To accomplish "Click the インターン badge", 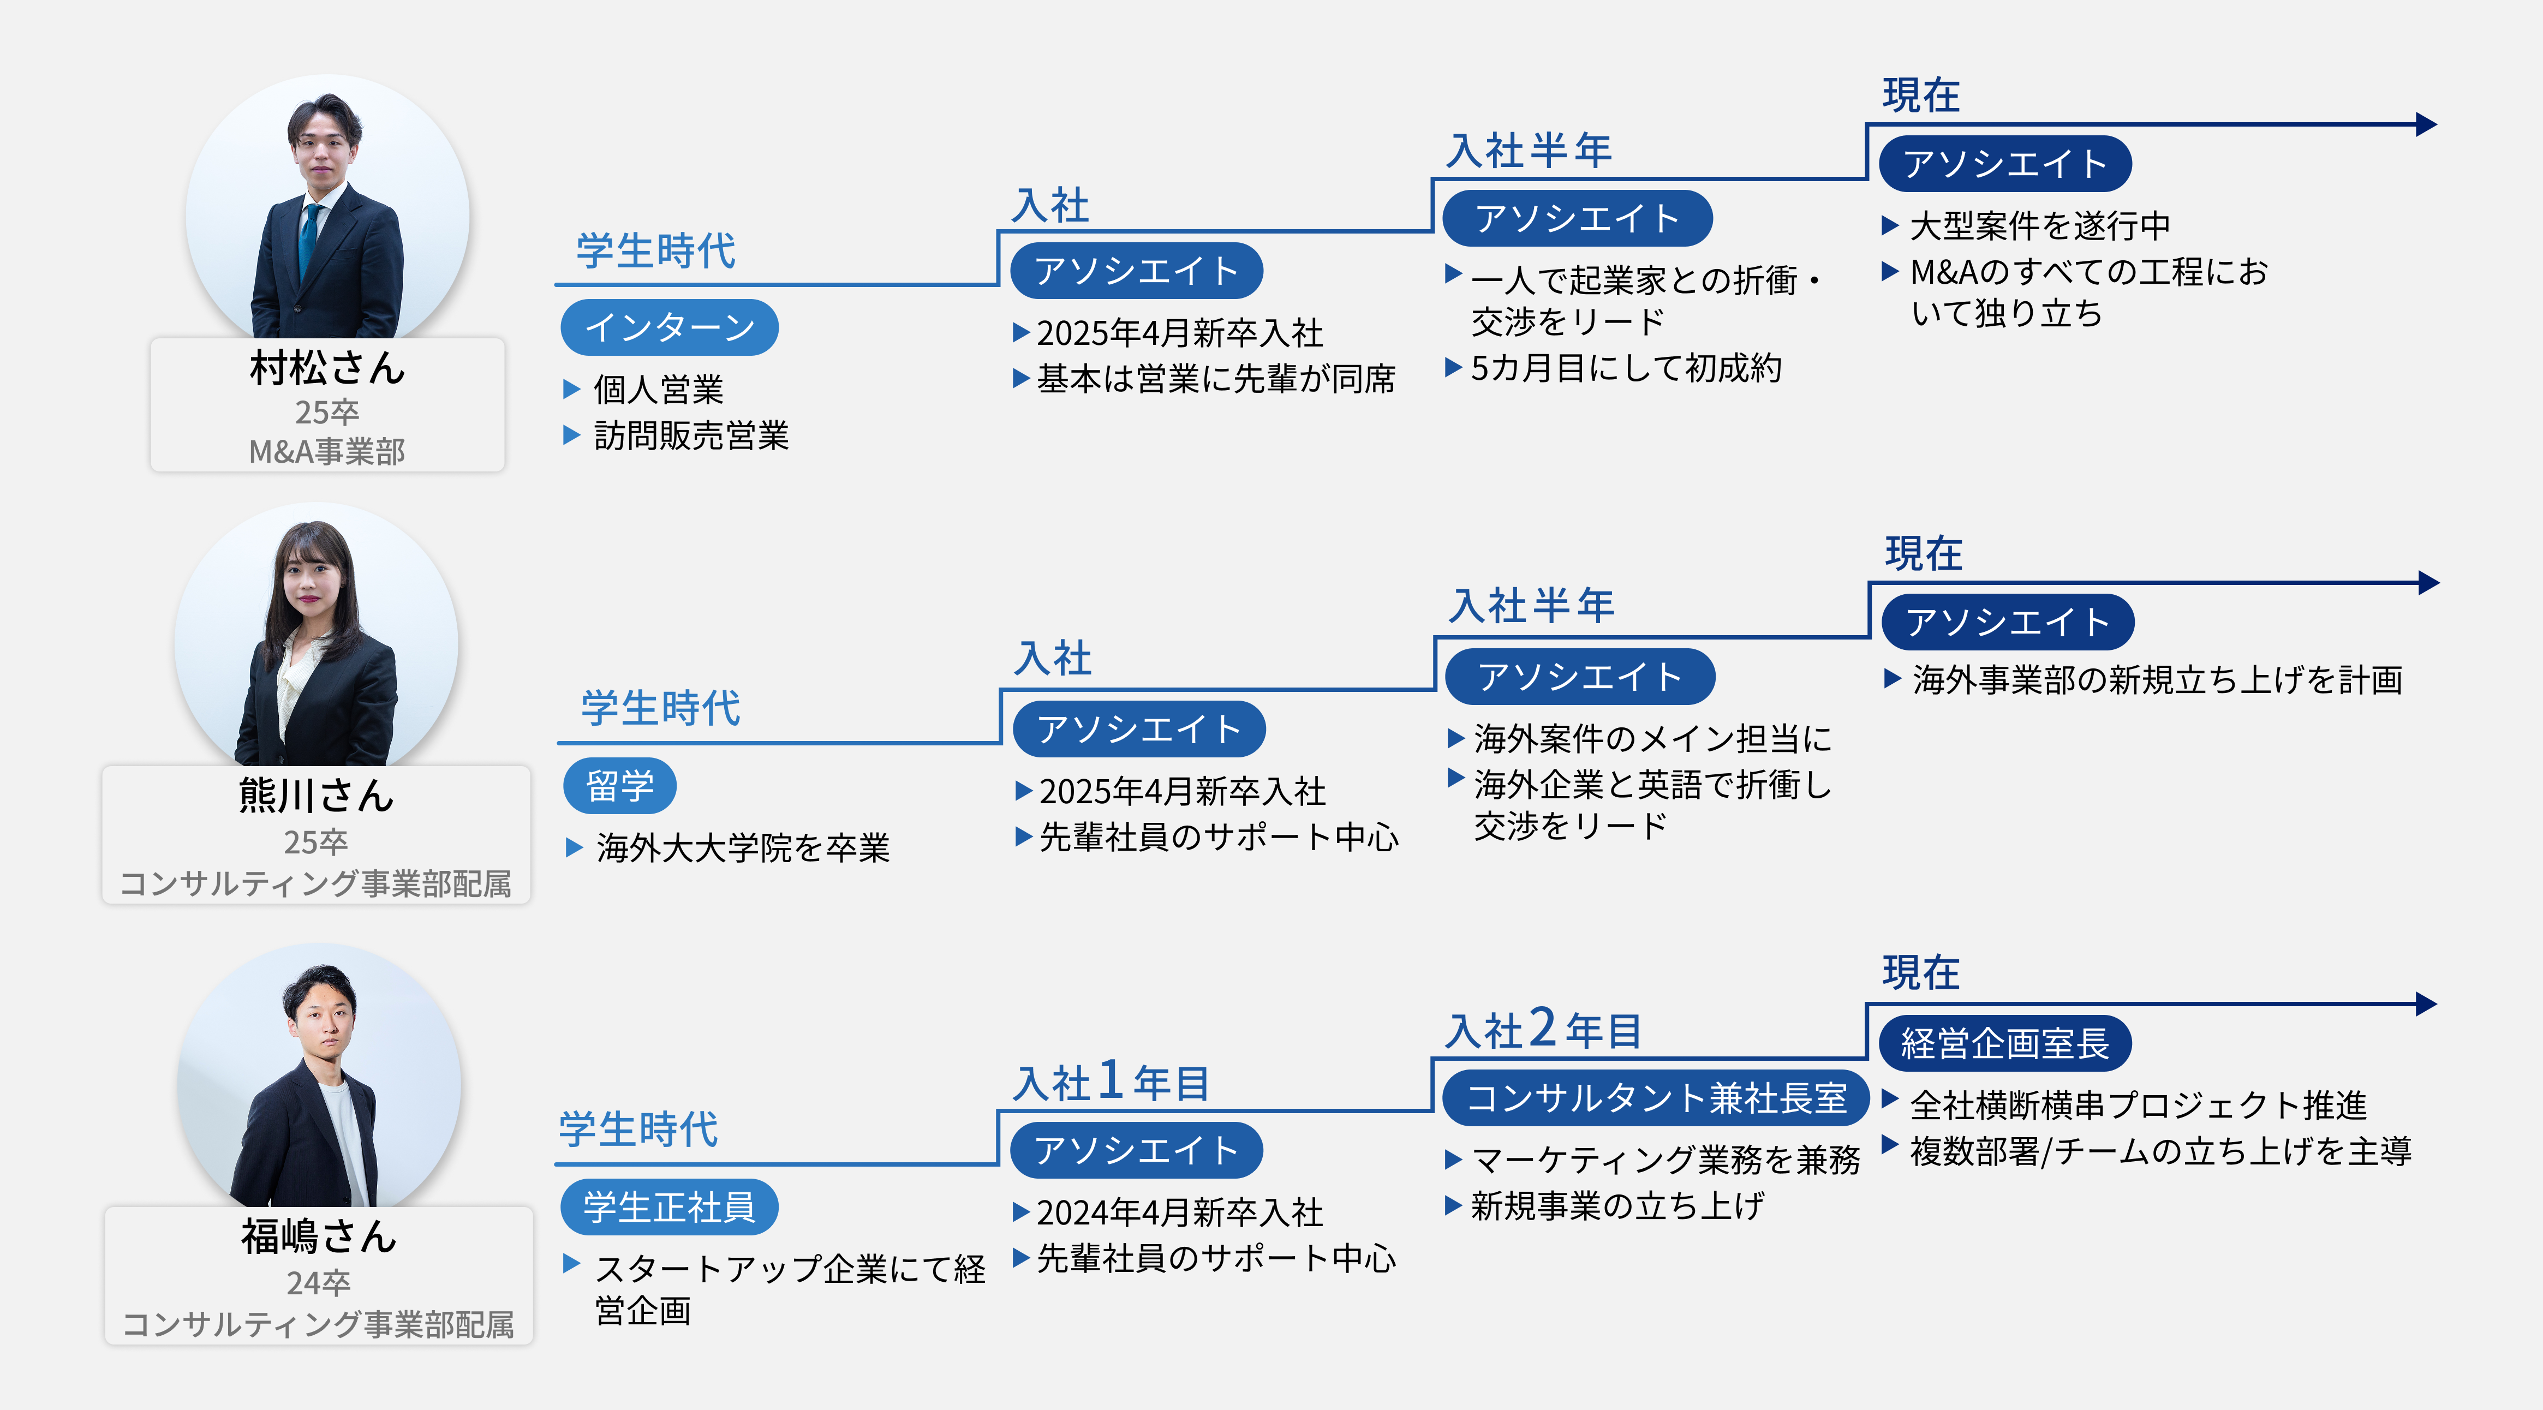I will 670,327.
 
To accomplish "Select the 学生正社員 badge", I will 670,1206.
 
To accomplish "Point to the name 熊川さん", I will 316,796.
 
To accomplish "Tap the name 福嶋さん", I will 319,1236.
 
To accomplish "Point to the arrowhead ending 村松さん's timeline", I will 2427,124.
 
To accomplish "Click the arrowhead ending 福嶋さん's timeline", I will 2427,1004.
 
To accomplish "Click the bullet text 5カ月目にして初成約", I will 1625,368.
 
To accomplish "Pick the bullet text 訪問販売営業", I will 691,435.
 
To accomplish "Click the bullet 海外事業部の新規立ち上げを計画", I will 2157,679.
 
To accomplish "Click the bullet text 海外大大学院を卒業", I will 742,847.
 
